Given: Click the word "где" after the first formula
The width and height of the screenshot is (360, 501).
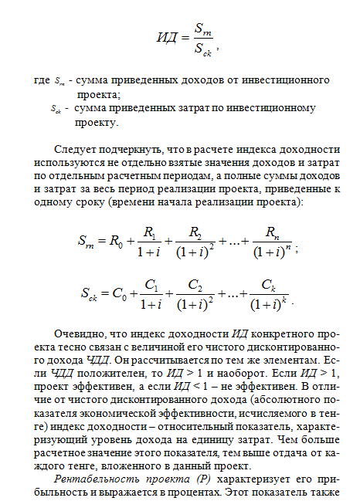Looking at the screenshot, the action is (42, 80).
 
